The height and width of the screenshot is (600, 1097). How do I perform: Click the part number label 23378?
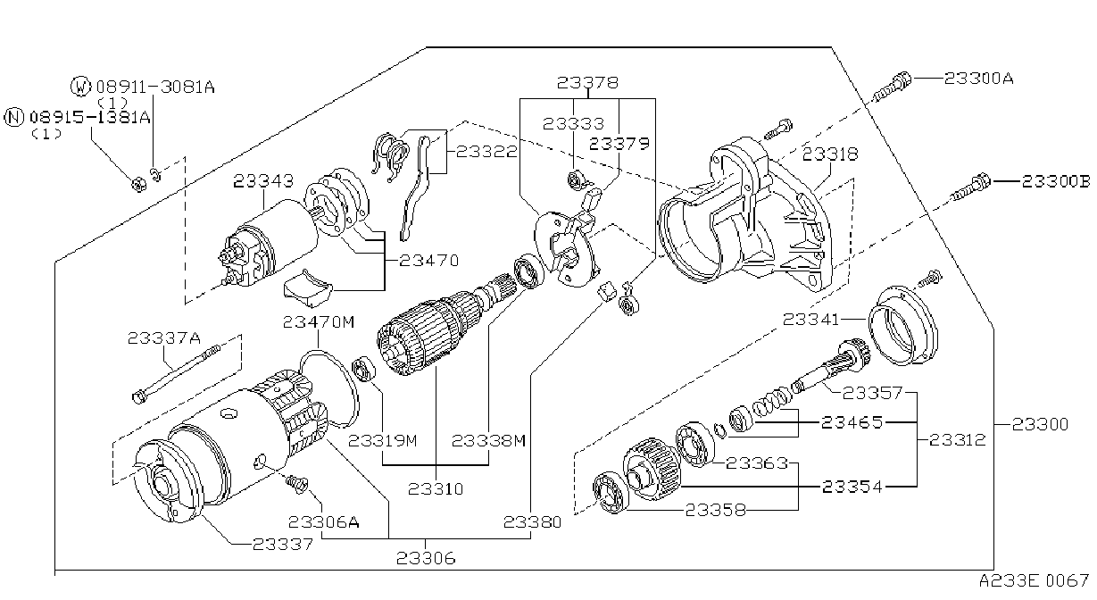(587, 82)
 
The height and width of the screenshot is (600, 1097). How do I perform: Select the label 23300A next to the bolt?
(978, 79)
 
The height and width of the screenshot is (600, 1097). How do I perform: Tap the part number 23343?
(263, 181)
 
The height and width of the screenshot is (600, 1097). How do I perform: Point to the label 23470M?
(319, 321)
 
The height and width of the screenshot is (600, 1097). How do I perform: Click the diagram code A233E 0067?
(1035, 581)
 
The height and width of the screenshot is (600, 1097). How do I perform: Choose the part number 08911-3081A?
(155, 87)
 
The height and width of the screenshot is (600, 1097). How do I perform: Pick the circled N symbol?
(13, 117)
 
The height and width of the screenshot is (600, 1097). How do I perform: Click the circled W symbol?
(81, 87)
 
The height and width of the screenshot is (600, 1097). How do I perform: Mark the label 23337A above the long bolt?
(164, 338)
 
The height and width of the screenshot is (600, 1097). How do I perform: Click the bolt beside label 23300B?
(970, 189)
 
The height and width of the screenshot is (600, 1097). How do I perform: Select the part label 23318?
(830, 154)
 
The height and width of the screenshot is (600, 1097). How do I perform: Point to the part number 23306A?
(324, 522)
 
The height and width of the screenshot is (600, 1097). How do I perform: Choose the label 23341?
(811, 320)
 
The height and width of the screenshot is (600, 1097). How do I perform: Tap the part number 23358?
(715, 511)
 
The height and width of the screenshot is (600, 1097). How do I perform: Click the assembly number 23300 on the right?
(1040, 424)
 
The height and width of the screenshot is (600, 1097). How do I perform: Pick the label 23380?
(532, 522)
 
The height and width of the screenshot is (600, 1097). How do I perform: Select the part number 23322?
(486, 152)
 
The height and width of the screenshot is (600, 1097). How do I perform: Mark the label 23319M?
(383, 441)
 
